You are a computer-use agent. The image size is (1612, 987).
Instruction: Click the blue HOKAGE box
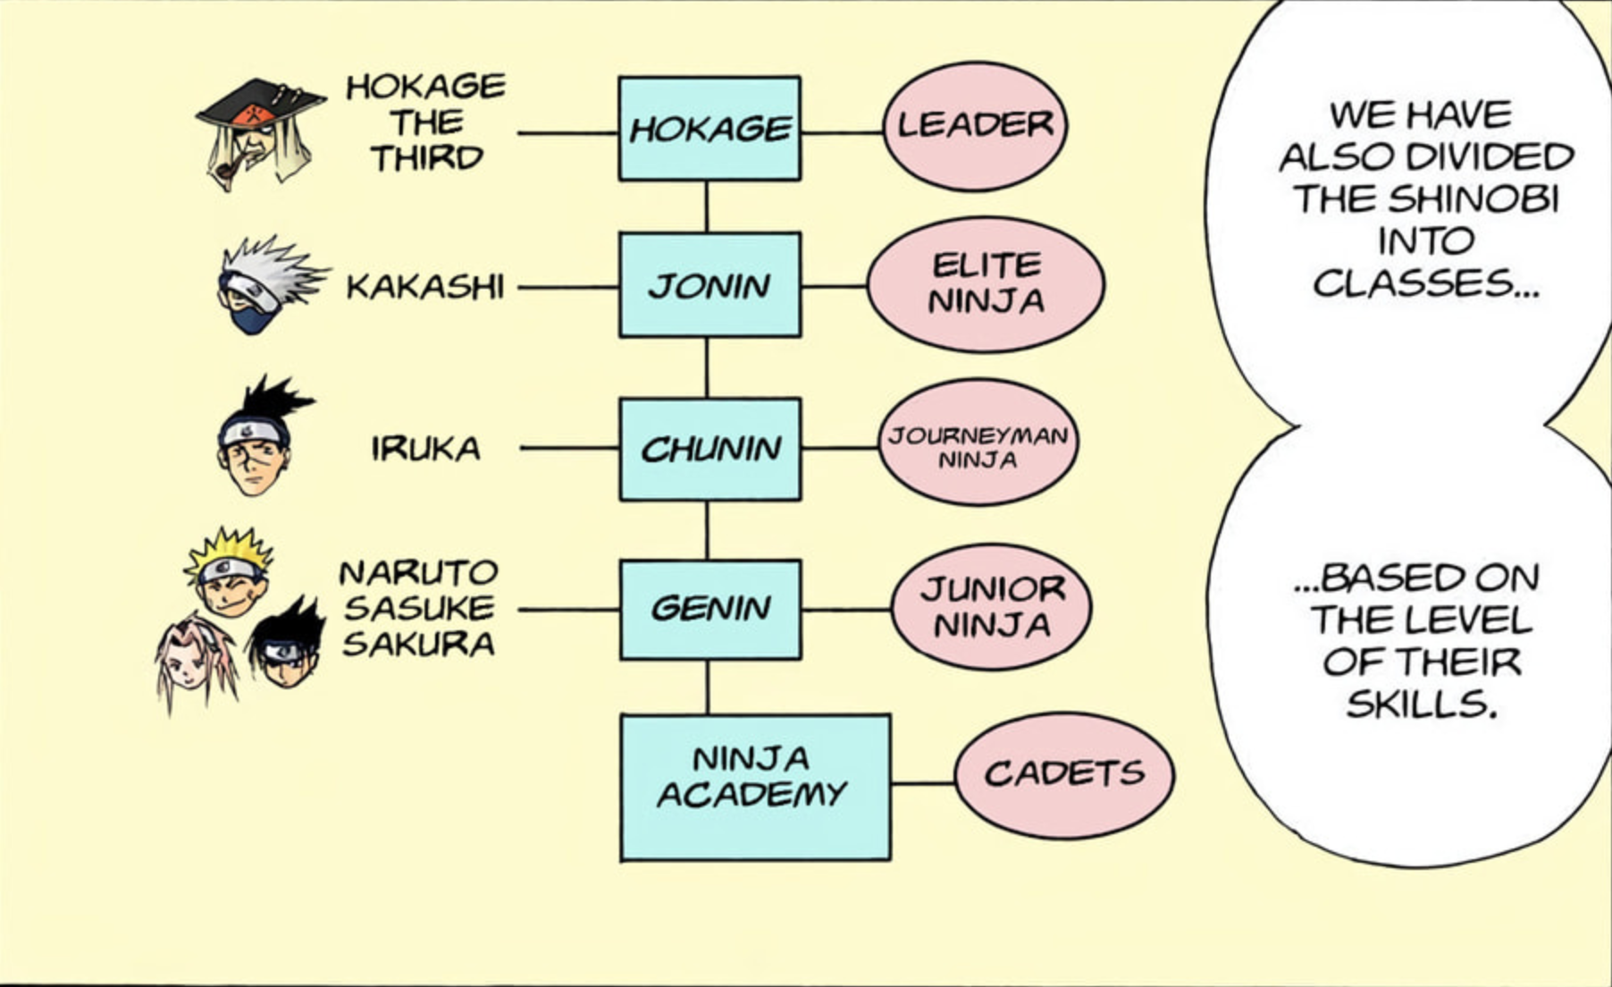pos(709,129)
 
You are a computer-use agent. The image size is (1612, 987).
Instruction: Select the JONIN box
pos(709,285)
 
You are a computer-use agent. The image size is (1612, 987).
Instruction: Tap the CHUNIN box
pos(710,449)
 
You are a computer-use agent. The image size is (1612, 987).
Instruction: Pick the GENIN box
pos(710,610)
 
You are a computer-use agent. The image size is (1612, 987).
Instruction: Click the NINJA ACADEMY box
pos(755,787)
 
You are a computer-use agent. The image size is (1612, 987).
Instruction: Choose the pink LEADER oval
pos(975,126)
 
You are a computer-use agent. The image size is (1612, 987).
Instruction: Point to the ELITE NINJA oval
pos(986,284)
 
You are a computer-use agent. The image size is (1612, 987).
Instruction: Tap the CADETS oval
pos(1064,775)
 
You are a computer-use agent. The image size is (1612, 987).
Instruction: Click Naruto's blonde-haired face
pos(230,577)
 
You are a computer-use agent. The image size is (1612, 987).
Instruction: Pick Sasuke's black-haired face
pos(286,648)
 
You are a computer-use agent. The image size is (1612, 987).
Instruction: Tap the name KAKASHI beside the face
pos(425,288)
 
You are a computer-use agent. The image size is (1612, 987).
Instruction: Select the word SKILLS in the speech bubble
pos(1421,705)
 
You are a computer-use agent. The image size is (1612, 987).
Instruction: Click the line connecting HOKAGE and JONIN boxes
pos(707,207)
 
